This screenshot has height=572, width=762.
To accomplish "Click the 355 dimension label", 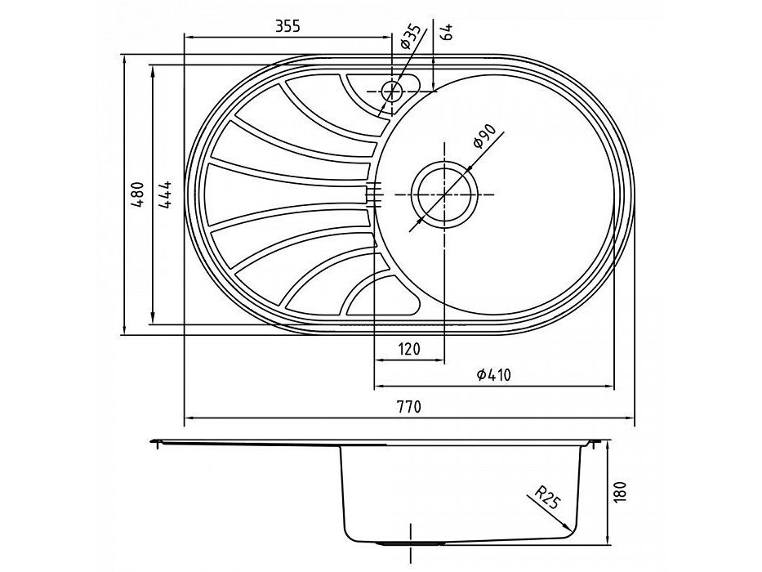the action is [x=287, y=26].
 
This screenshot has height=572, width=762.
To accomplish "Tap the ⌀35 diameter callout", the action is [x=409, y=37].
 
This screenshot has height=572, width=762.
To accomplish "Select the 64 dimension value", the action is [x=448, y=31].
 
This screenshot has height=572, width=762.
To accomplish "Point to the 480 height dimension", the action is [x=137, y=194].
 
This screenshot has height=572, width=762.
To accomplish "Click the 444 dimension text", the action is [x=165, y=194].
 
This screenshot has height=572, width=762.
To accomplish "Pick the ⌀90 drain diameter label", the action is [x=484, y=136].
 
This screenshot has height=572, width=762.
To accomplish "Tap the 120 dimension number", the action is [x=409, y=349].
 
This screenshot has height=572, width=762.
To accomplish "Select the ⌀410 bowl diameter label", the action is [x=494, y=374].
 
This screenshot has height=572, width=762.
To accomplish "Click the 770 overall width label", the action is [x=409, y=406].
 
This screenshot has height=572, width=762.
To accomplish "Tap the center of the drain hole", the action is [x=444, y=194].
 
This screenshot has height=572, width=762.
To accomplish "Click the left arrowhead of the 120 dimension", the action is [x=380, y=360].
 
